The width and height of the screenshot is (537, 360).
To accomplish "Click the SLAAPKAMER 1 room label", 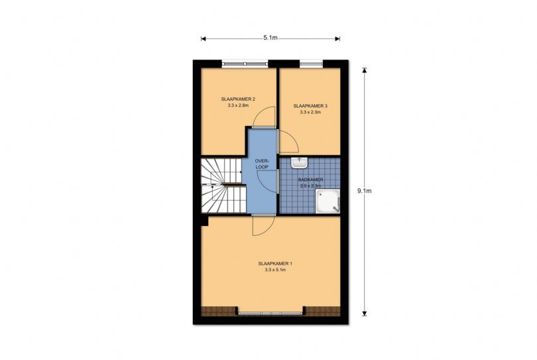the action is (x=275, y=264).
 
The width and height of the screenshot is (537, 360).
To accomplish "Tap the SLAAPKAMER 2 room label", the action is (x=238, y=99).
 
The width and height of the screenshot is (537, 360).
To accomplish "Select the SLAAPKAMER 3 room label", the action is (x=310, y=106).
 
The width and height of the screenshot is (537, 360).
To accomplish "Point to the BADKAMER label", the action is (x=310, y=180).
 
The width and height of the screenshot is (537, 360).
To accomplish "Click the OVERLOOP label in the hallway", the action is (x=262, y=164).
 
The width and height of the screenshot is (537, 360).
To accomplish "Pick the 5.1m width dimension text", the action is (x=270, y=38).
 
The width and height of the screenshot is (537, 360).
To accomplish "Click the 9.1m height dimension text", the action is (x=365, y=191).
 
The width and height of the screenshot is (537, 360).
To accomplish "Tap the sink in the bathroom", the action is (x=299, y=162).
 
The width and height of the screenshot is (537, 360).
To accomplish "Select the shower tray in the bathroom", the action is (x=328, y=201).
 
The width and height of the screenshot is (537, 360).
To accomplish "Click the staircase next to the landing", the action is (x=223, y=186).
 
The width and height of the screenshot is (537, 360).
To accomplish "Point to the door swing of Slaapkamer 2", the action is (x=264, y=117).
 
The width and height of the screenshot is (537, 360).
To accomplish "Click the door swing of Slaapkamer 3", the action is (x=289, y=141).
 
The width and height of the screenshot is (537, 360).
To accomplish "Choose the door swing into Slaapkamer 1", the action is (x=263, y=225).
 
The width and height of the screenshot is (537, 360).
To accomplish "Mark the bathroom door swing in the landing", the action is (x=267, y=181).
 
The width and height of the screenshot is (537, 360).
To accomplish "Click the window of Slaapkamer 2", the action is (x=245, y=63).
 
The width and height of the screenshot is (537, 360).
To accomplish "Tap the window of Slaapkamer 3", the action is (x=312, y=63).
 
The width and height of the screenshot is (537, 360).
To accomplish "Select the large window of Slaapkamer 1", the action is (x=270, y=313).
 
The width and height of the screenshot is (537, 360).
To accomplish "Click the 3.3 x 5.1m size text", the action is (x=275, y=270).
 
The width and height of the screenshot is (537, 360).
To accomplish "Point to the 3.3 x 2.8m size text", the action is (x=238, y=105).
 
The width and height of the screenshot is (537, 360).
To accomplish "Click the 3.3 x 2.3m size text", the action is (x=310, y=112).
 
